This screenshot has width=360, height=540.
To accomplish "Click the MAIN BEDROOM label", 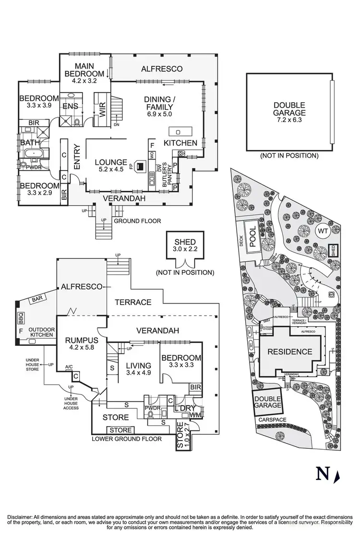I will pos(84,70).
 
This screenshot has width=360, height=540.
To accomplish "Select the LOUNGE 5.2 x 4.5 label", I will pos(110,166).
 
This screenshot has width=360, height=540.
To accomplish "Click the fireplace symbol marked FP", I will pos(140,166).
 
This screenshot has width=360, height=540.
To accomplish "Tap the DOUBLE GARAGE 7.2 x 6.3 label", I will pos(289,112).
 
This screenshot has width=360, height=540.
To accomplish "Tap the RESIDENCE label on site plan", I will pos(290,351).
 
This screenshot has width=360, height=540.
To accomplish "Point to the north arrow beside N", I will pos(337,476).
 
